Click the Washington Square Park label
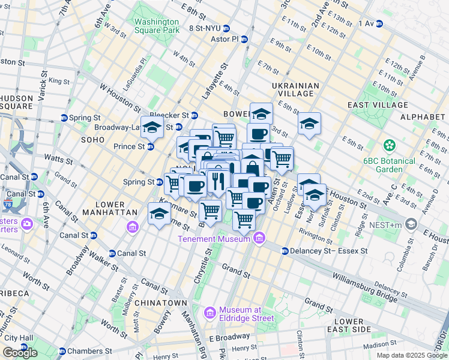coord(156,25)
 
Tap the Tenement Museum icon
coord(259,239)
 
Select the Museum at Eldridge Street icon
coord(210,313)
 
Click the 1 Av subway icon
coord(379,23)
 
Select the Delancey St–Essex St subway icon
coord(285,250)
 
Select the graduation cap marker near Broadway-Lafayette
coord(152,127)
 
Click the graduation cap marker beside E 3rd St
coord(310,124)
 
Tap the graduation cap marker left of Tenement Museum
coord(159,214)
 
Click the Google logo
coord(20,353)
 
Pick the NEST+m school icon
coord(411,224)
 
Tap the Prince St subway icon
coord(151,146)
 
